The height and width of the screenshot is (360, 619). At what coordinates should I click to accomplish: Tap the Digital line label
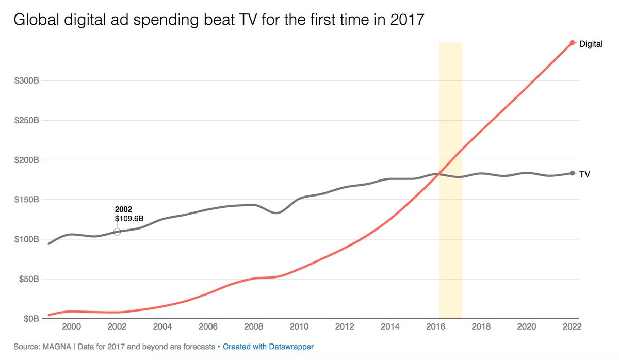[x=591, y=44]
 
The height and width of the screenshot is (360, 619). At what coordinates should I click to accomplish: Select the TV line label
[x=584, y=174]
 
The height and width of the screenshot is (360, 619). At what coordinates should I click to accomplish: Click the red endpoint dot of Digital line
[x=572, y=43]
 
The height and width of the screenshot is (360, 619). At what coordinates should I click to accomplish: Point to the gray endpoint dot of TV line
[x=572, y=173]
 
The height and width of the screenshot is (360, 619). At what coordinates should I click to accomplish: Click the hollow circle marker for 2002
[x=117, y=232]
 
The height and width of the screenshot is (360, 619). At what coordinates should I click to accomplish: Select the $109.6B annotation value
[x=128, y=219]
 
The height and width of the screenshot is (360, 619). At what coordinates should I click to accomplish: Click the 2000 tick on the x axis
[x=71, y=326]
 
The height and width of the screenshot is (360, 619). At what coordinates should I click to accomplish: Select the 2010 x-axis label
[x=299, y=326]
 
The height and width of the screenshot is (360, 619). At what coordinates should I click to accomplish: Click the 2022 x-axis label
[x=572, y=326]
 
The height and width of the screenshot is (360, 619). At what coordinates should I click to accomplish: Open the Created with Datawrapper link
[x=268, y=347]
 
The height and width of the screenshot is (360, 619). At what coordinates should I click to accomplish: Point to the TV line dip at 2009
[x=277, y=212]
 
